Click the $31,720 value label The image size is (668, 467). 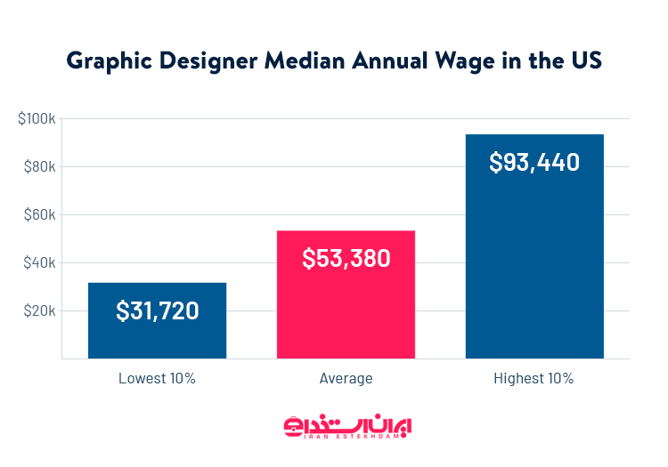157,311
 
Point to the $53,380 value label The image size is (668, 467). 346,259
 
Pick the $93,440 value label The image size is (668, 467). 534,163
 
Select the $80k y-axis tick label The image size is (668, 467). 38,167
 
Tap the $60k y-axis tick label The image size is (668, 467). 38,215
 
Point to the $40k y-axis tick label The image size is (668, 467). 38,263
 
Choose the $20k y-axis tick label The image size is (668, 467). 38,311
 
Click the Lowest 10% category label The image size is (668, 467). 157,378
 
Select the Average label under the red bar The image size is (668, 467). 346,378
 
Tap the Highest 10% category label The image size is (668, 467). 534,378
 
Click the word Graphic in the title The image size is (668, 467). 102,61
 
